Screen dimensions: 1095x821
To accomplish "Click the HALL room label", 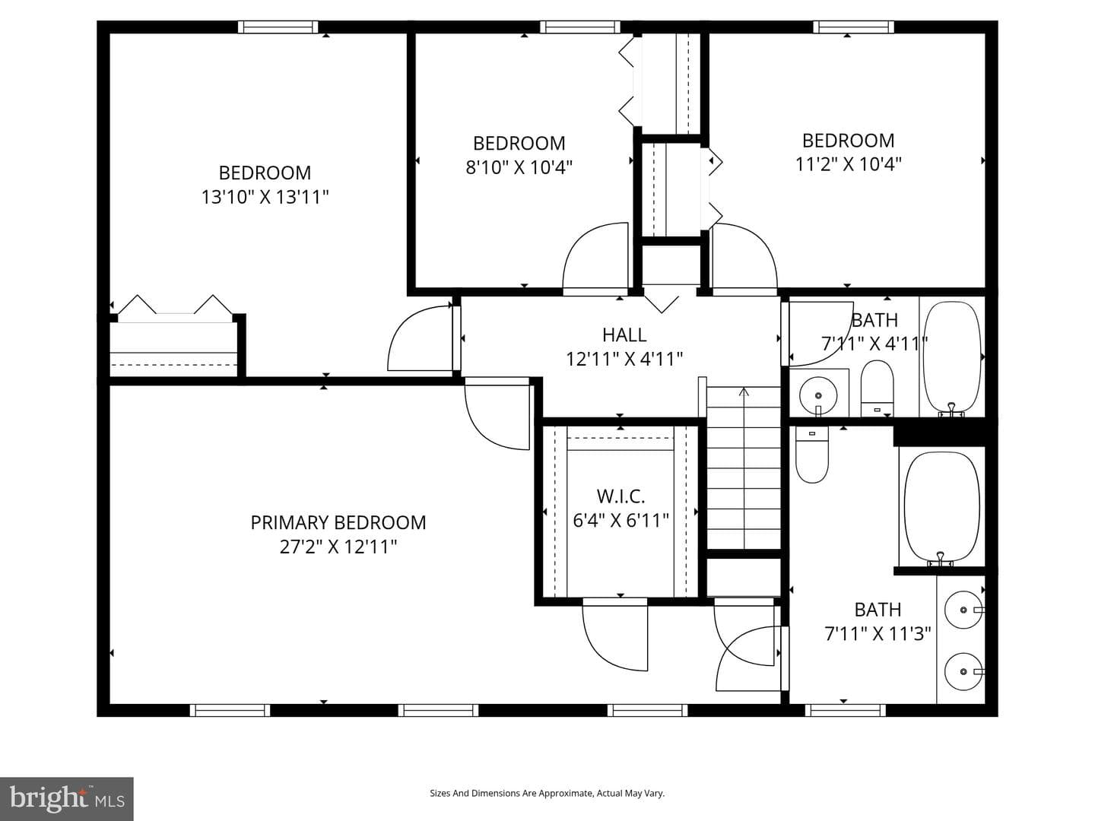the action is coord(624,335).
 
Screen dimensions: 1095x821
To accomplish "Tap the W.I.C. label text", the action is coord(620,496).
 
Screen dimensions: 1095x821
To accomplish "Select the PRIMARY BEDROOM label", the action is coord(338,522).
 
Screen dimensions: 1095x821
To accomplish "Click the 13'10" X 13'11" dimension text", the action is coord(265,197).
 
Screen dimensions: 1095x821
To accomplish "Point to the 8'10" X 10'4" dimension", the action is coord(519,167).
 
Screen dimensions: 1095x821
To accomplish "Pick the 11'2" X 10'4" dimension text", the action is coord(848,164).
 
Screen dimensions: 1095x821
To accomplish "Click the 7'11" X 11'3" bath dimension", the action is coord(878,633).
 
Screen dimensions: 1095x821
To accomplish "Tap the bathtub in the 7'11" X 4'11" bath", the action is coord(952,357).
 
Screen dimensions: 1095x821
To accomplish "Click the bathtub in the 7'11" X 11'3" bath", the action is coord(941,508).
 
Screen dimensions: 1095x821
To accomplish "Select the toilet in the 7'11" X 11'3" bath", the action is coord(811,454).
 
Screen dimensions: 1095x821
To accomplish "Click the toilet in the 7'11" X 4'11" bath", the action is coord(878,388).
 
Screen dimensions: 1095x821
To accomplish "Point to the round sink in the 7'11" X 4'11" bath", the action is coord(817,396).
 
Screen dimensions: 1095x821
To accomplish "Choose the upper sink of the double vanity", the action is coord(963,610).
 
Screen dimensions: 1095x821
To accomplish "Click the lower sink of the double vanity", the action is coord(963,671).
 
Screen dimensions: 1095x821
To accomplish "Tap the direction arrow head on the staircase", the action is coord(744,391).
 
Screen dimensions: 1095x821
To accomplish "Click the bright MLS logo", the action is coord(66,798).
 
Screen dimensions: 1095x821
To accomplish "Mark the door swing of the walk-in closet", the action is coord(614,636).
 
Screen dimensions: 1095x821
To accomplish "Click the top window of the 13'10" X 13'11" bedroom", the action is coord(278,27).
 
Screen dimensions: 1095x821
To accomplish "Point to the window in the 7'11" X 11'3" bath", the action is coord(845,710).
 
